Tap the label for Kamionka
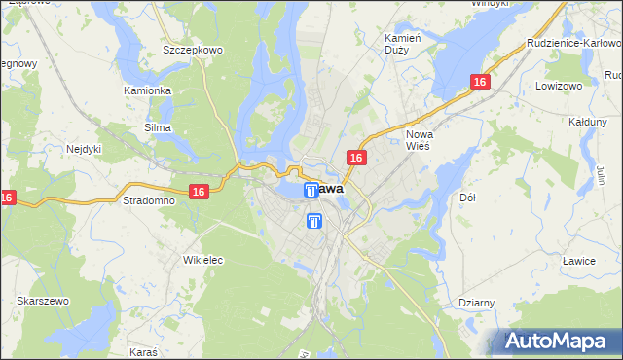click(148, 90)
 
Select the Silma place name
click(158, 127)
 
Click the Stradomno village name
click(149, 200)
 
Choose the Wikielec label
click(203, 260)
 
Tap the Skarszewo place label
click(42, 302)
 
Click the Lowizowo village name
click(558, 86)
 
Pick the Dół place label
click(466, 198)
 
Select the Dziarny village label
click(476, 303)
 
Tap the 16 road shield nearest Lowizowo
click(479, 84)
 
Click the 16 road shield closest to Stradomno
click(199, 193)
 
